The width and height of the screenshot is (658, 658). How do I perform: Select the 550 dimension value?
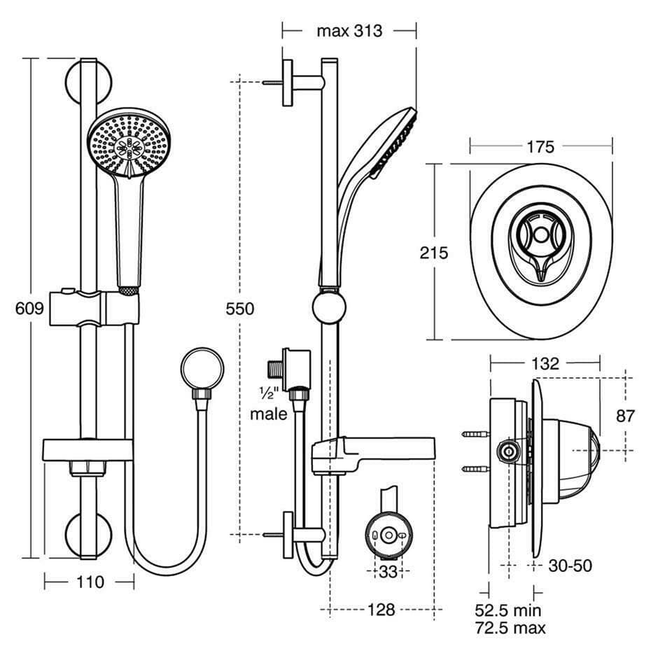pyautogui.click(x=240, y=309)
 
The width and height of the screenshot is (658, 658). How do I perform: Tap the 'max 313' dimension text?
pyautogui.click(x=349, y=31)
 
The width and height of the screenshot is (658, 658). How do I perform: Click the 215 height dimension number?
pyautogui.click(x=434, y=253)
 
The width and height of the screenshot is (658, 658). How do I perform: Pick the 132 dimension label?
pyautogui.click(x=545, y=363)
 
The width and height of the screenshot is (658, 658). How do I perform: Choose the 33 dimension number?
pyautogui.click(x=388, y=572)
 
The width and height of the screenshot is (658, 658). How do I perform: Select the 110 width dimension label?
pyautogui.click(x=90, y=582)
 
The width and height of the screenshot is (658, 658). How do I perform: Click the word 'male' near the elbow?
pyautogui.click(x=269, y=414)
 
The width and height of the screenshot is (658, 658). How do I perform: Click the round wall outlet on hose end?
pyautogui.click(x=202, y=371)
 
